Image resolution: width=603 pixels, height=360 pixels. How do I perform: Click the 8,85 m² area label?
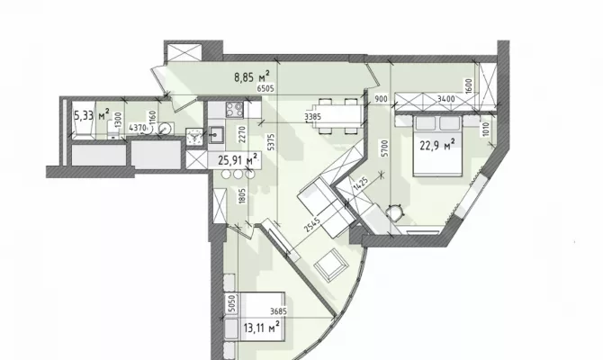click(252, 76)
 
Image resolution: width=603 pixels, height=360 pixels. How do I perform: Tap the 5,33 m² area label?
click(91, 114)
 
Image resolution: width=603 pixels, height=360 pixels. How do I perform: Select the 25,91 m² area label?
click(238, 159)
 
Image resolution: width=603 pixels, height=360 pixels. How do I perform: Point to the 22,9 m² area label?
click(437, 146)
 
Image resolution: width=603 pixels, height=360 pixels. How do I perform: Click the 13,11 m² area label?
click(262, 328)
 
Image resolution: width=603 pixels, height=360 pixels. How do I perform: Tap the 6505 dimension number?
click(265, 88)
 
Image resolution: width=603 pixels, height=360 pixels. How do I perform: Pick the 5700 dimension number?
click(385, 148)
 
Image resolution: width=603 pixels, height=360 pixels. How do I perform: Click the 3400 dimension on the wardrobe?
click(446, 99)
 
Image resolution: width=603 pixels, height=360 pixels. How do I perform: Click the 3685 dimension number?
click(278, 311)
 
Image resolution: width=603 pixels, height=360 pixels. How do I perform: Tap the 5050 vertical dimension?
click(231, 303)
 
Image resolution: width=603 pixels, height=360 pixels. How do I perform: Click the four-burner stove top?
click(234, 109)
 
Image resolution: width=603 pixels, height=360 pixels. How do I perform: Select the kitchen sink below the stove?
click(217, 135)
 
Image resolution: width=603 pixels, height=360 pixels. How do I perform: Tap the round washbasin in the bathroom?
click(165, 128)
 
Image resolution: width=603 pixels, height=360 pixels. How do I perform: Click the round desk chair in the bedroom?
click(395, 212)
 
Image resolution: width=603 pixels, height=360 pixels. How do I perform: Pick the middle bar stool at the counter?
click(238, 175)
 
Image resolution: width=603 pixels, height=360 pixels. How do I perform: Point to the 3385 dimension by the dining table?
click(312, 116)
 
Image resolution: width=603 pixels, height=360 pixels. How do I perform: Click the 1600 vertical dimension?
click(468, 86)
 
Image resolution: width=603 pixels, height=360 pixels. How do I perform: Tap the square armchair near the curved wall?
click(330, 265)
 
